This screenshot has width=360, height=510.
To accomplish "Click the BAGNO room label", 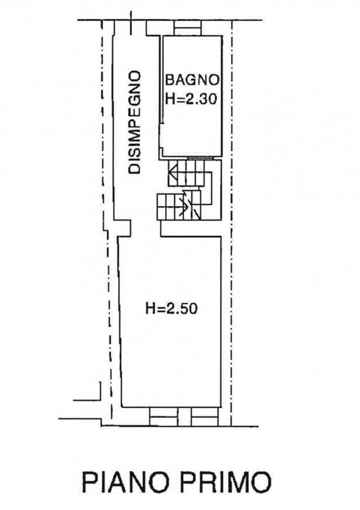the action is click(192, 80).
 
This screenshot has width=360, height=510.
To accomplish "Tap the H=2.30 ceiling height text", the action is click(191, 99).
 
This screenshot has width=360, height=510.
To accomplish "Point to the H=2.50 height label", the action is click(171, 309).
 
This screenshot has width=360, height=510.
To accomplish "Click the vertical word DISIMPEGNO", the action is click(134, 123).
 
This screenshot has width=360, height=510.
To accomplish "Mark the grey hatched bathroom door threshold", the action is click(200, 158).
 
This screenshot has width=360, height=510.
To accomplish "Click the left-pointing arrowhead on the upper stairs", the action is click(173, 173).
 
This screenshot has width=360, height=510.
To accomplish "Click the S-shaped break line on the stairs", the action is click(186, 204).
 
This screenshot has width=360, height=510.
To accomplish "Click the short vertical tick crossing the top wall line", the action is click(132, 23).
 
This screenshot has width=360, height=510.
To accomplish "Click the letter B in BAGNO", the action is click(169, 80).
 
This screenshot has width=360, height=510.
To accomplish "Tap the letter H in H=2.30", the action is click(169, 99).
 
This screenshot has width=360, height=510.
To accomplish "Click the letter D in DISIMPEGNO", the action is click(134, 170).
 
